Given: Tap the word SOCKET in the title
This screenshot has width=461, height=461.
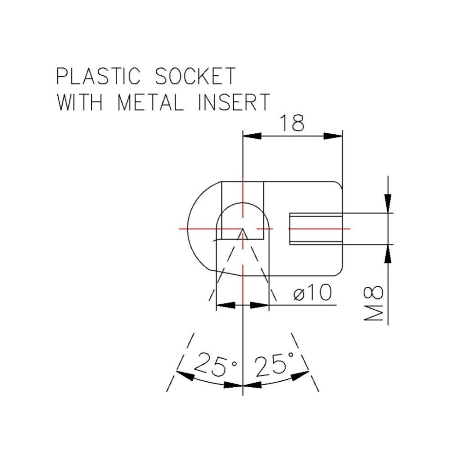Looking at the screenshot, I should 195,76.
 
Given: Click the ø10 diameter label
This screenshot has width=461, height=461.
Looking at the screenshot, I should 313,293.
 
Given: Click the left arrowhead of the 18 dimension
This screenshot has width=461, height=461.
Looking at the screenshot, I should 252,136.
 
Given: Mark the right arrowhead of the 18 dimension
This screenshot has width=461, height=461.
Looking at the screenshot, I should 333,136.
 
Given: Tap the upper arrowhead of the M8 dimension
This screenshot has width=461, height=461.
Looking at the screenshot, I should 389,203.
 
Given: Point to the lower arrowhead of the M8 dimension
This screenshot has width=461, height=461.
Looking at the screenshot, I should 389,254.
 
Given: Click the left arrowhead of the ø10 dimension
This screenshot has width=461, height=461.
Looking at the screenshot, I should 225,305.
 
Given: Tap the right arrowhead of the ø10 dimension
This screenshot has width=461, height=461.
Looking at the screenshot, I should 259,305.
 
